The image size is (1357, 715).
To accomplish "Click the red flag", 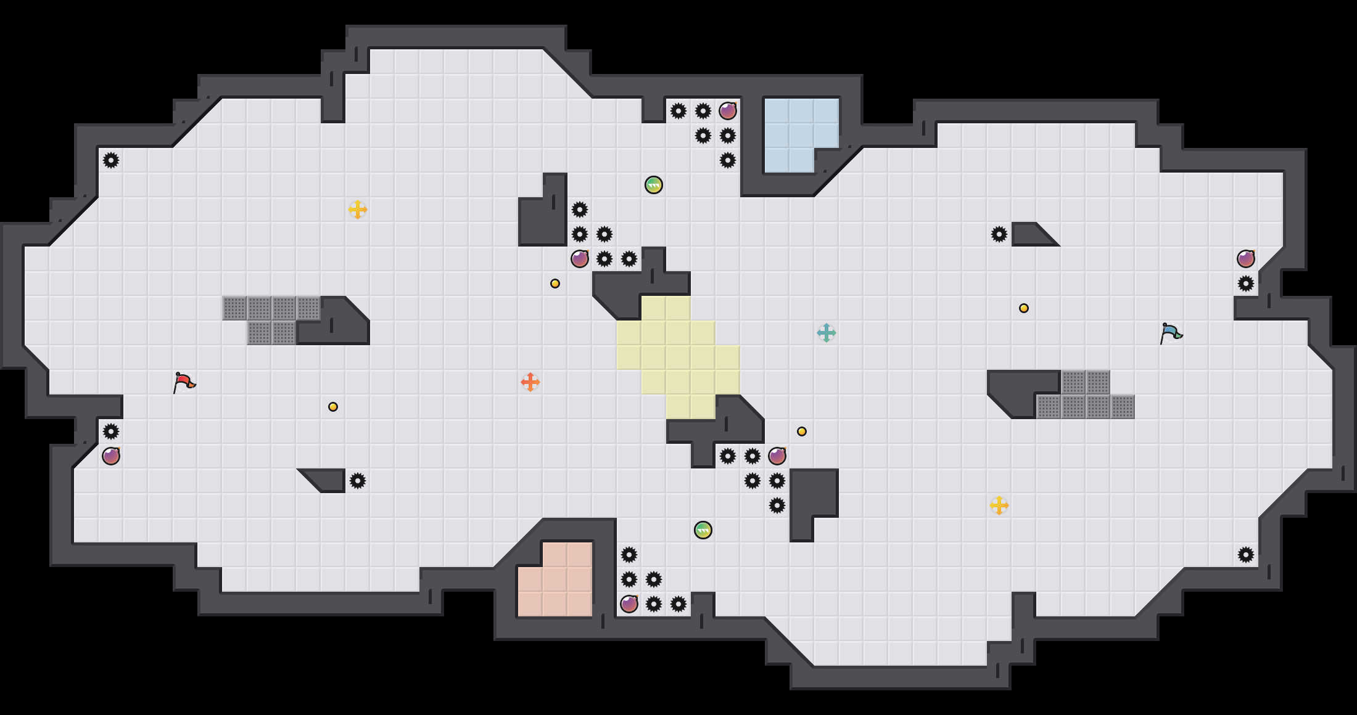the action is (x=184, y=382).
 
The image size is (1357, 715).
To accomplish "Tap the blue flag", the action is (x=1170, y=333).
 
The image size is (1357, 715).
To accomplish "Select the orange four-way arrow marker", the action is (x=530, y=382).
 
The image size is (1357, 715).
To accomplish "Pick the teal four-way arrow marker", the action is (x=827, y=333).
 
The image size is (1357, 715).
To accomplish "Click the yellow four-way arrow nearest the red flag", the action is (x=358, y=210).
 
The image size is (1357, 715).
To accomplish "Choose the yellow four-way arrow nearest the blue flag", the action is (x=999, y=505).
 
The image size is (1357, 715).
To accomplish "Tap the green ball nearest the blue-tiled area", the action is (x=654, y=185).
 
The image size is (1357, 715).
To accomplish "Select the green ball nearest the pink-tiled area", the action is (x=703, y=530).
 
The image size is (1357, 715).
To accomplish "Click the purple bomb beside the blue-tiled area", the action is (x=728, y=111).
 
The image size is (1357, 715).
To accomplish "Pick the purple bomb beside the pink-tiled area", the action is (x=629, y=604).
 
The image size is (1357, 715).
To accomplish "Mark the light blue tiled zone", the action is (x=799, y=133).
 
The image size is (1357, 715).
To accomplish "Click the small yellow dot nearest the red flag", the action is (x=333, y=407).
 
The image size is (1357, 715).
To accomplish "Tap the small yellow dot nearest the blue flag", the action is (x=1024, y=308).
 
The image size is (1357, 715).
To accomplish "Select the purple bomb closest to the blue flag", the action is (x=1246, y=259).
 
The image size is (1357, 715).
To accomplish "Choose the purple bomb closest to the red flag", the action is (x=111, y=456).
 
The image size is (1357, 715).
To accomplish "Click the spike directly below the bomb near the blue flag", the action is (x=1246, y=284).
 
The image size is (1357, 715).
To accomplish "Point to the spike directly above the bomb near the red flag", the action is (x=111, y=431).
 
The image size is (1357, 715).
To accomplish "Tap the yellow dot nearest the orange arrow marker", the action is (x=555, y=284).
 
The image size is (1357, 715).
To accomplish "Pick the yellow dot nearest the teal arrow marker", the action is (x=802, y=431).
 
